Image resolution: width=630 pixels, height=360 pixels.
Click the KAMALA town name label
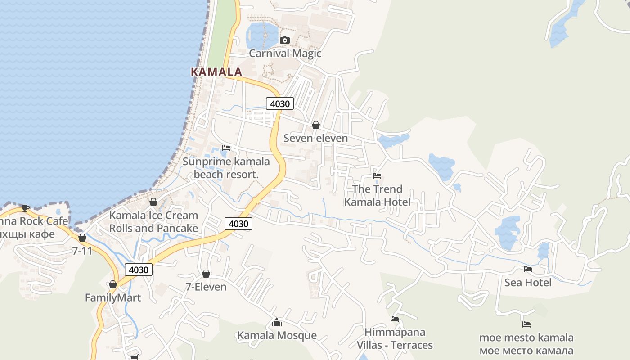coord(216,72)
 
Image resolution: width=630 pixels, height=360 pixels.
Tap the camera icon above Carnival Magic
coord(284,40)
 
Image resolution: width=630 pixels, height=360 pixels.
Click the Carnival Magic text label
coord(285,54)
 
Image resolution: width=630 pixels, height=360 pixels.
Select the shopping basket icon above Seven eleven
coord(316,125)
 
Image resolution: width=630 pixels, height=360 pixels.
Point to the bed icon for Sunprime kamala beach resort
coord(226,148)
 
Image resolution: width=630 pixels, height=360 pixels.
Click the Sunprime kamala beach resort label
coord(226,168)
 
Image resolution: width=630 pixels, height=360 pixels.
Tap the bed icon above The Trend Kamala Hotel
coord(377,175)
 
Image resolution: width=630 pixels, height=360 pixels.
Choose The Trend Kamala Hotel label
coord(377,196)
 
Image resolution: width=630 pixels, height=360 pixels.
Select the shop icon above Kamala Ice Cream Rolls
coord(153,202)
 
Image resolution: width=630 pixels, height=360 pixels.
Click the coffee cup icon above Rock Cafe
coord(26,207)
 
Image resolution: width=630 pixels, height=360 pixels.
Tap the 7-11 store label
coord(82,251)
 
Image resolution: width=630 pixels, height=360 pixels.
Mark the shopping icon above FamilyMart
coord(113,284)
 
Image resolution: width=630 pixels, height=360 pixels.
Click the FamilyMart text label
coord(113,298)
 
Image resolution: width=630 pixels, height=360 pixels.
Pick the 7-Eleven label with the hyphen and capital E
coord(206,287)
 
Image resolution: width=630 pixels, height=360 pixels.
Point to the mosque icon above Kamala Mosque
coord(277,322)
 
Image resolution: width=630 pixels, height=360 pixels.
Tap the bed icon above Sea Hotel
coord(528,269)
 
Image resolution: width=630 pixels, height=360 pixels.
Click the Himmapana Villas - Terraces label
coord(395,339)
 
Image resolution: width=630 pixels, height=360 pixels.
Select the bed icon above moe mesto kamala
coord(526,324)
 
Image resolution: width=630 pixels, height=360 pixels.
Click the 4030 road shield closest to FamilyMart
coord(139,270)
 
